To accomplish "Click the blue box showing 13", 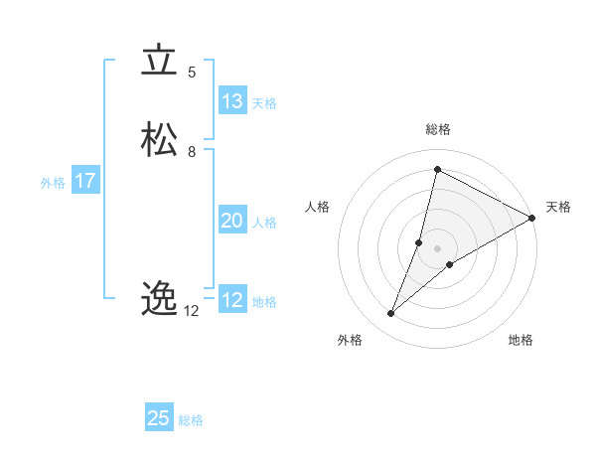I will [232, 101].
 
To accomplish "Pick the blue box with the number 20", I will [232, 221].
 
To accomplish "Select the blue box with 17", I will [84, 182].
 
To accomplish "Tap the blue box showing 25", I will [159, 418].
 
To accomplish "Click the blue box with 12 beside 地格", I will [232, 300].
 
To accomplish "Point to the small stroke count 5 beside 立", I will [192, 73].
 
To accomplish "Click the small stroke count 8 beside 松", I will [192, 152].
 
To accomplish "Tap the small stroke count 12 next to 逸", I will [192, 311].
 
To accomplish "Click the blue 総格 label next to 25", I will [191, 420].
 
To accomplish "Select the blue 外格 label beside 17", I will [53, 183].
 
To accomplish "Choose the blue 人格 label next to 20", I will [264, 223].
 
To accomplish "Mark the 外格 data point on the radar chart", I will [391, 314].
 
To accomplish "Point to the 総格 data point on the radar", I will [437, 170].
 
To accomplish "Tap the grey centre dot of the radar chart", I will [437, 248].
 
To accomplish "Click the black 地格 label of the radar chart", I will [521, 341].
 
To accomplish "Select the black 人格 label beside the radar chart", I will [318, 207].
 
